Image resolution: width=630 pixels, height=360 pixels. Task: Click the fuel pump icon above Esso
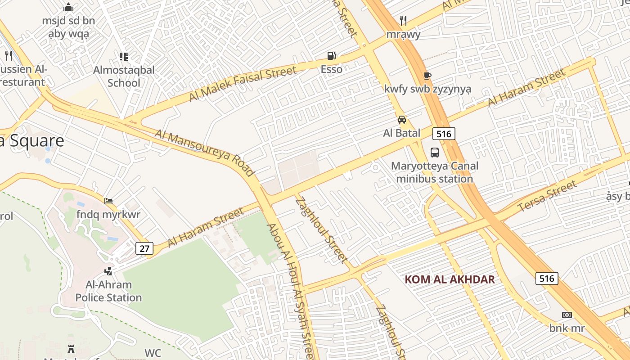tap(332, 55)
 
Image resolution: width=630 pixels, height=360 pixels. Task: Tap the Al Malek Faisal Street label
tap(243, 83)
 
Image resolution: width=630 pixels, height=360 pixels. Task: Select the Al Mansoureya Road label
tap(205, 153)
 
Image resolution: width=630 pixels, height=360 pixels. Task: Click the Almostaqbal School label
tap(124, 76)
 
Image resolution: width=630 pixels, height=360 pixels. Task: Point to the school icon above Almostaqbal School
tap(124, 57)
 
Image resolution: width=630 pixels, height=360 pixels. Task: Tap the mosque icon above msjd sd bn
tap(68, 7)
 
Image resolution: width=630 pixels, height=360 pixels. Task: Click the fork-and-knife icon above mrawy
tap(403, 21)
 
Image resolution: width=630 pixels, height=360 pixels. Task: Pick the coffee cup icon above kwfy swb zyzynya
tap(427, 76)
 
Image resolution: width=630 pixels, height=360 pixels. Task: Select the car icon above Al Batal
tap(402, 120)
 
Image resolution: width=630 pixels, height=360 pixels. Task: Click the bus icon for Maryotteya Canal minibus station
tap(434, 152)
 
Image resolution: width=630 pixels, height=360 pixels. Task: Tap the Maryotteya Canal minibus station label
tap(434, 172)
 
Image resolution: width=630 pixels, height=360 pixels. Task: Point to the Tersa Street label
tap(547, 196)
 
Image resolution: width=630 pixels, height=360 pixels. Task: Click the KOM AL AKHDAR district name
tap(450, 279)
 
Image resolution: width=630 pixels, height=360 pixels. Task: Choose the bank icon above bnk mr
tap(567, 315)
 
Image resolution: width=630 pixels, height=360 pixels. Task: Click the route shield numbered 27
tap(144, 248)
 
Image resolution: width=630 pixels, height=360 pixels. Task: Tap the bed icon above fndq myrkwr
tap(108, 201)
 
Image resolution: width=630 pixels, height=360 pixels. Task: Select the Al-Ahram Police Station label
tap(108, 291)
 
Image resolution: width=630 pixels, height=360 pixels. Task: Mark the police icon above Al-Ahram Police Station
tap(108, 271)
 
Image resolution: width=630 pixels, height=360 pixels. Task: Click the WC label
tap(153, 353)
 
